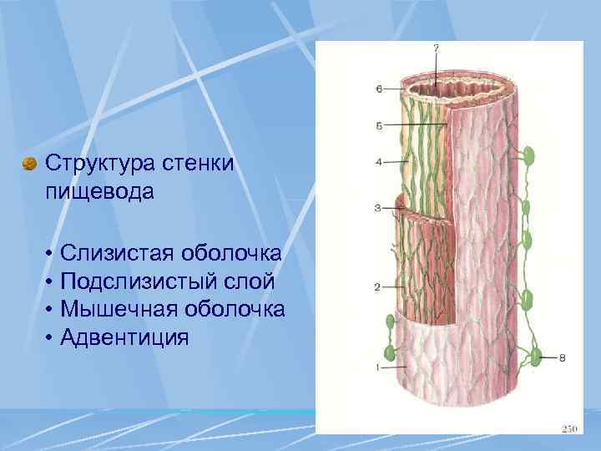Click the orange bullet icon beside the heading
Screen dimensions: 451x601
coord(31,163)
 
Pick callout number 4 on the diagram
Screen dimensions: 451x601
coord(378,162)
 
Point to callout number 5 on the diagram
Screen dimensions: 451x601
coord(378,126)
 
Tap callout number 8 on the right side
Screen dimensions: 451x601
coord(561,357)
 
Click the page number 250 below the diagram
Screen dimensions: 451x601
coord(569,428)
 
